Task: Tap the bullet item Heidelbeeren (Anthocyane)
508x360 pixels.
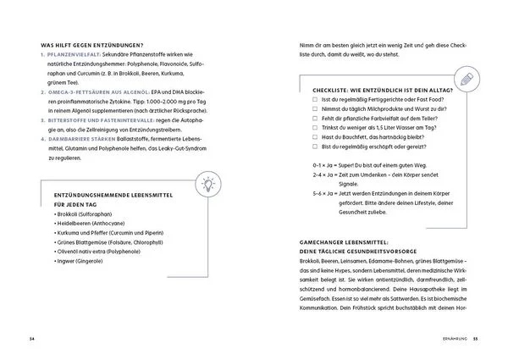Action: click(x=85, y=230)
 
